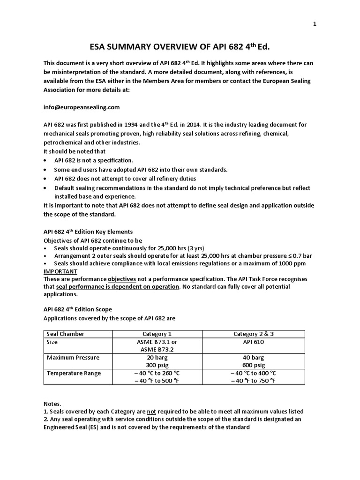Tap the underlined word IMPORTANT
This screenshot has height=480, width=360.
[60, 271]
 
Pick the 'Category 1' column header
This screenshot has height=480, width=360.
[157, 334]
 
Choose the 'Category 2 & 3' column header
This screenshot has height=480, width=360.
[253, 334]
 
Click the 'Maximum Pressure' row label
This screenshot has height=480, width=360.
[73, 358]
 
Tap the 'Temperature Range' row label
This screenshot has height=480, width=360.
[74, 373]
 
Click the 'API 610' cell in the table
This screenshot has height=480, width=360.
[253, 342]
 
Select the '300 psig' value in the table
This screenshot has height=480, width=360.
[157, 365]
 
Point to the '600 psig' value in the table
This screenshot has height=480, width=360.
[253, 365]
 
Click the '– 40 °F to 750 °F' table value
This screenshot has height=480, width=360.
[253, 381]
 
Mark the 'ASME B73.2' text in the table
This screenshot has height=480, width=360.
[157, 350]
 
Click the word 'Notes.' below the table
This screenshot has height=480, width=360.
[52, 404]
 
